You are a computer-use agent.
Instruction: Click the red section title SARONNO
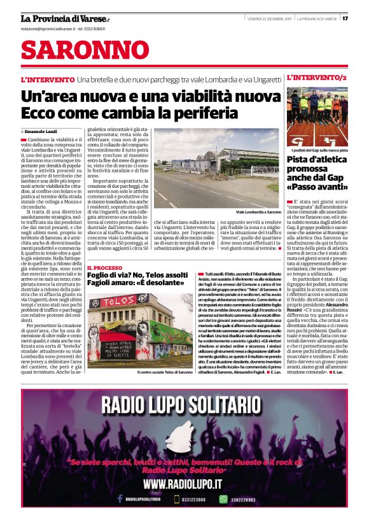(x=76, y=50)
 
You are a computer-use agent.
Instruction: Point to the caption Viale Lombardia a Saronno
(x=258, y=211)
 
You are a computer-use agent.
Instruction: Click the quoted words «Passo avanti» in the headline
(x=316, y=190)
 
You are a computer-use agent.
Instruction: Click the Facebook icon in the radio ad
(x=119, y=500)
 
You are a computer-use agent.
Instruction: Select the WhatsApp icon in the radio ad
(x=223, y=500)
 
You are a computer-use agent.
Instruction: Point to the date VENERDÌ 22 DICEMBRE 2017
(x=269, y=18)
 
